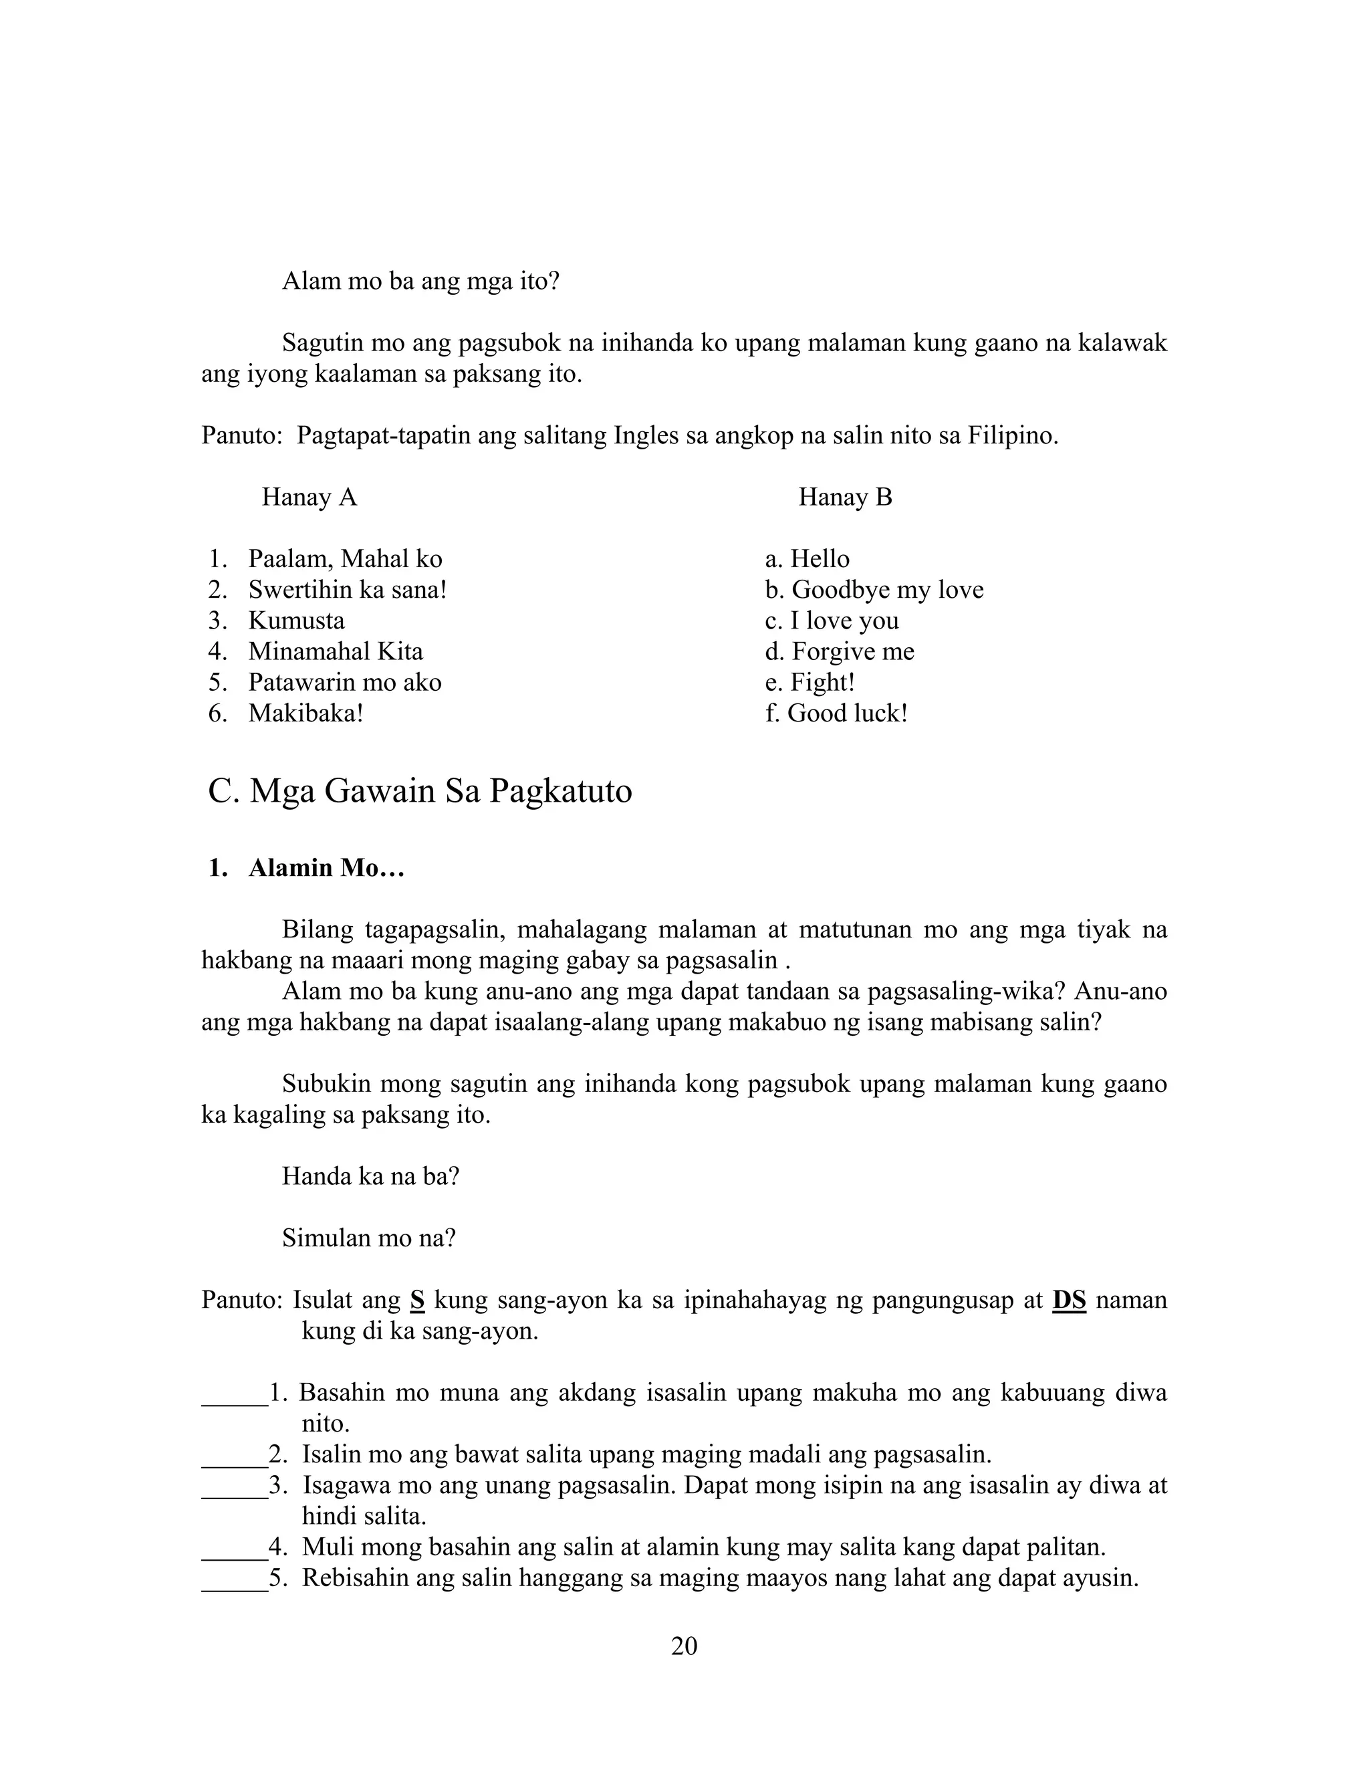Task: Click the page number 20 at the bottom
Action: (684, 1646)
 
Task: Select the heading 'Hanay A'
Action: (309, 497)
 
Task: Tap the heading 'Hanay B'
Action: (845, 497)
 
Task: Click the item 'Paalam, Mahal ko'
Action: (345, 558)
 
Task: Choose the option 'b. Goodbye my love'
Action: (874, 589)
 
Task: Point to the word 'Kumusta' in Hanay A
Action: (296, 620)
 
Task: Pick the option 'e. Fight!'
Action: (810, 681)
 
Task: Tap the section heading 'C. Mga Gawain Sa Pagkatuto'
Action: (420, 790)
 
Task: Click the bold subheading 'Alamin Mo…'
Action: (326, 867)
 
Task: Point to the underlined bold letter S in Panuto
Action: (417, 1299)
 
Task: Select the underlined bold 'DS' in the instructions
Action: (1068, 1299)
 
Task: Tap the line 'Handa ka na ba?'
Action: (370, 1176)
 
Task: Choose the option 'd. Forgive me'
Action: (840, 651)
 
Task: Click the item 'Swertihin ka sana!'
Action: (347, 589)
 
